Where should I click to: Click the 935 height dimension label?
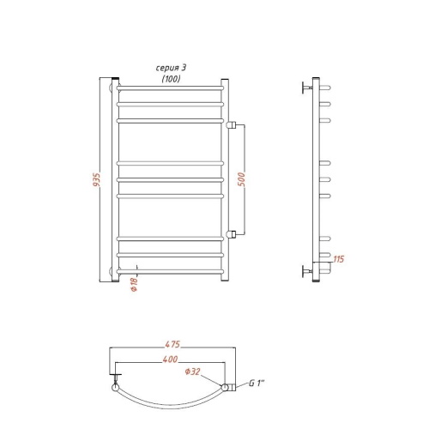[x=97, y=180]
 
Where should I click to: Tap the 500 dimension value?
[x=242, y=179]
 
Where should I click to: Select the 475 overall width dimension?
[x=172, y=344]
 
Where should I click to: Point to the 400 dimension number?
[x=170, y=360]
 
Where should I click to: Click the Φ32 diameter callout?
[x=192, y=372]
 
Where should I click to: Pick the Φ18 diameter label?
[x=134, y=284]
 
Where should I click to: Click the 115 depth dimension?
[x=339, y=259]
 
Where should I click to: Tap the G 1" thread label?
[x=257, y=383]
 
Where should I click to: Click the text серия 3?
[x=171, y=68]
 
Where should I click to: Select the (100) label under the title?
[x=172, y=79]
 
